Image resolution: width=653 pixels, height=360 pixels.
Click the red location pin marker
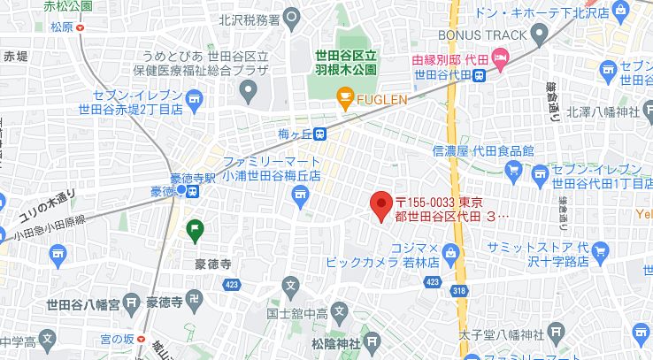click(x=380, y=205)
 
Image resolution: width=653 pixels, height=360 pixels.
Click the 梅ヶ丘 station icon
click(x=319, y=134)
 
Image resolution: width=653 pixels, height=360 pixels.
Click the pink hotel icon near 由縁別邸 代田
click(x=501, y=60)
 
